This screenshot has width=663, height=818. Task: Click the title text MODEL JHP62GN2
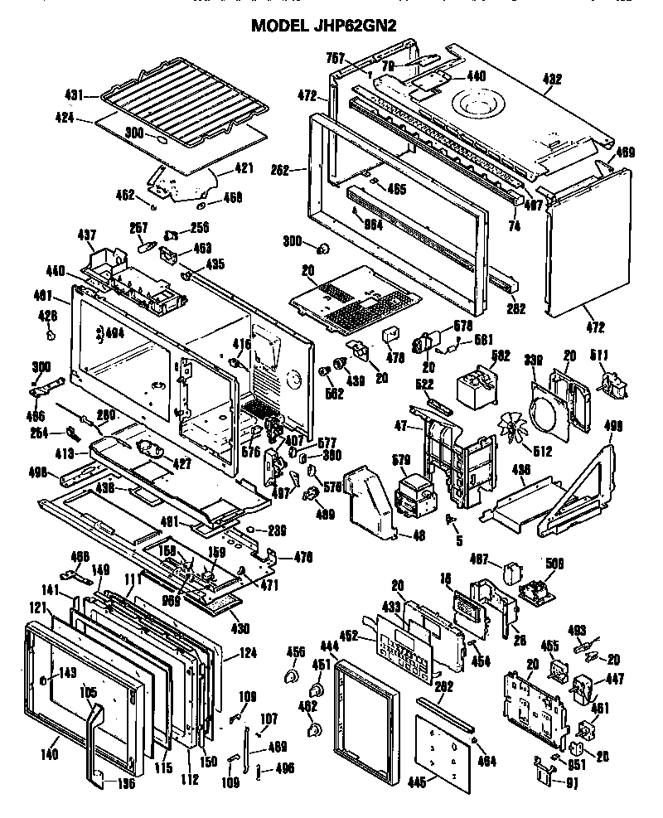pyautogui.click(x=323, y=26)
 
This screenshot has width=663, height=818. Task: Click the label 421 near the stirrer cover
pyautogui.click(x=244, y=169)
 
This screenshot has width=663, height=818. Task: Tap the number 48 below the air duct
pyautogui.click(x=419, y=536)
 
